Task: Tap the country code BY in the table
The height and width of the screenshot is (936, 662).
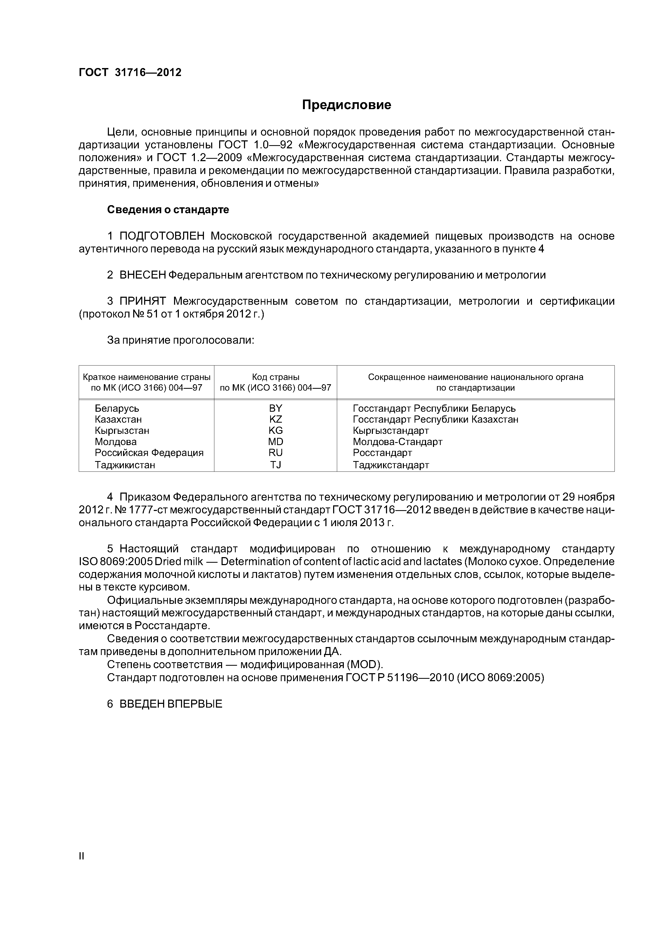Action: click(x=276, y=408)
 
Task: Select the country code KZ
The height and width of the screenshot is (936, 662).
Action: click(x=276, y=419)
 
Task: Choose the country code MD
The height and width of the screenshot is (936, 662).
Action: click(x=276, y=442)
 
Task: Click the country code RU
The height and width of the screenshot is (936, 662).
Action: click(x=276, y=453)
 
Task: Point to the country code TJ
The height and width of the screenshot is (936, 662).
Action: click(x=276, y=465)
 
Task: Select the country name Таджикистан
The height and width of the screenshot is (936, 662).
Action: click(x=125, y=465)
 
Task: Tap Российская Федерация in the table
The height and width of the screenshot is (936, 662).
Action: click(x=149, y=453)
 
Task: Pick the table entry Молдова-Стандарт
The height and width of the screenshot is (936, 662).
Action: click(x=398, y=442)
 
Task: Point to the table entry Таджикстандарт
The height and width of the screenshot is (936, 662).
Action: click(x=391, y=465)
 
